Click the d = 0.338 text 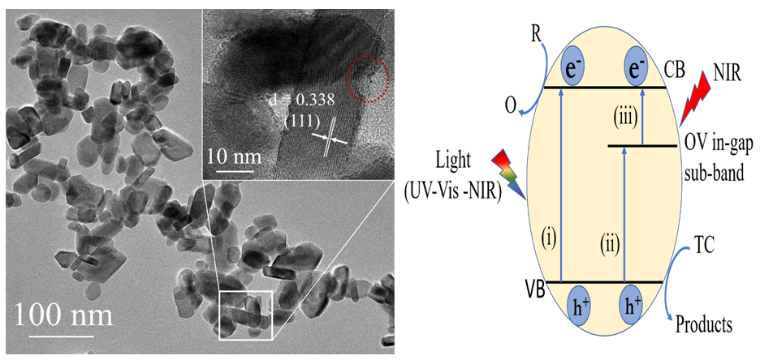click(x=305, y=100)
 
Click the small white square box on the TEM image click(x=246, y=314)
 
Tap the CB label click(x=679, y=72)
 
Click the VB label click(x=535, y=290)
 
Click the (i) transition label click(x=547, y=239)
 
